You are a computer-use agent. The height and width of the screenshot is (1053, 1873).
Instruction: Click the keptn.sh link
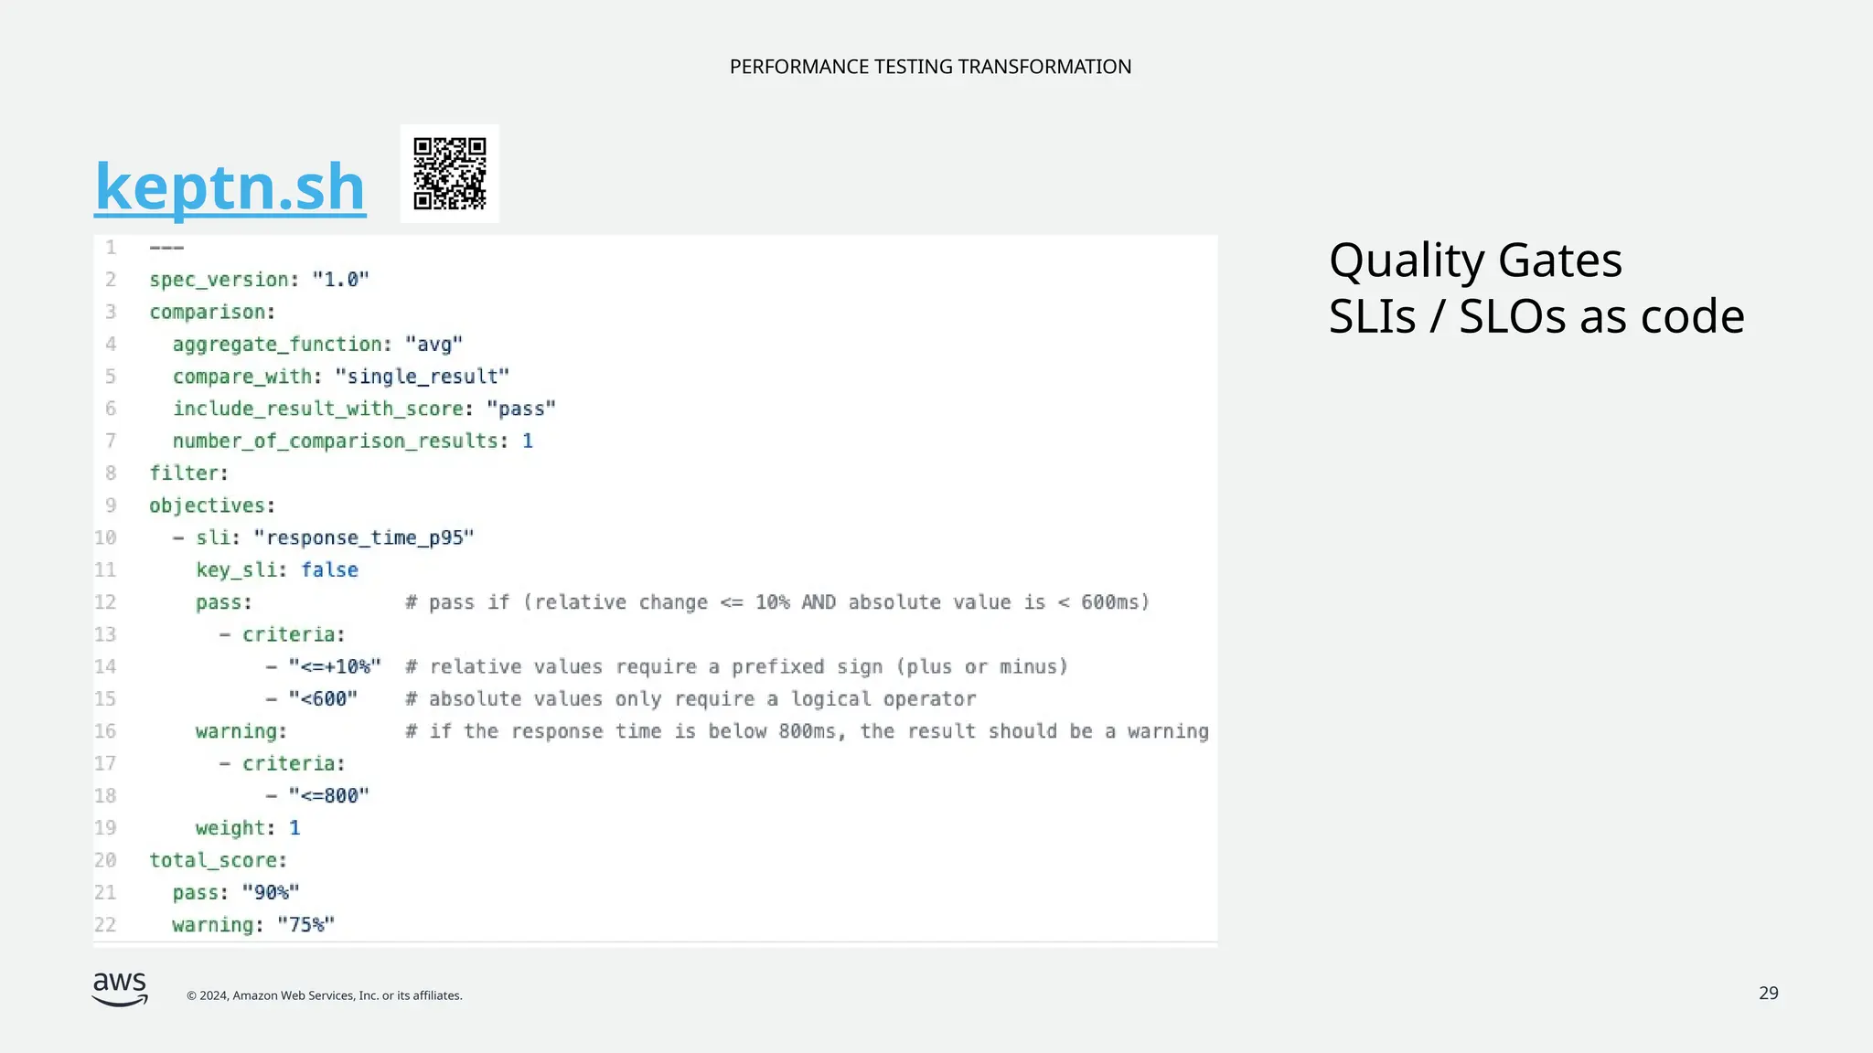click(x=230, y=186)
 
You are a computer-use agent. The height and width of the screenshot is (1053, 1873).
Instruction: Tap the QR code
click(x=449, y=174)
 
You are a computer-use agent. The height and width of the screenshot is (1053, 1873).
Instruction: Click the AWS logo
click(x=120, y=989)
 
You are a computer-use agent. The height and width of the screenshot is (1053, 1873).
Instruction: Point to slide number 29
click(x=1768, y=994)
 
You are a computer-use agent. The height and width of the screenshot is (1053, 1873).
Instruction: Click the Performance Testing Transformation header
click(x=930, y=67)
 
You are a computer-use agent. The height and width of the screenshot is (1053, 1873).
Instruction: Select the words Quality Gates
click(x=1475, y=261)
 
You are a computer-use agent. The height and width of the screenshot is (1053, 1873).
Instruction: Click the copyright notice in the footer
click(x=325, y=995)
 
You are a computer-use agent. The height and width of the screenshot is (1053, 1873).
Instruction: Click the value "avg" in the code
click(x=434, y=345)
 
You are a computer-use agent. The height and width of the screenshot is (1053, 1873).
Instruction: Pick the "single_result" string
click(x=423, y=377)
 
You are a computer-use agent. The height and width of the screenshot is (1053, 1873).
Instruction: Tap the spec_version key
click(x=219, y=280)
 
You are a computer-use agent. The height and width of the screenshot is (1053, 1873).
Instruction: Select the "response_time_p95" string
click(x=364, y=537)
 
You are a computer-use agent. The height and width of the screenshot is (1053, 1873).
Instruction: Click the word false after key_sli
click(x=329, y=570)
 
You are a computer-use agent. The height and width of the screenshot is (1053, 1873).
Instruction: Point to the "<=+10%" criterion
click(x=335, y=667)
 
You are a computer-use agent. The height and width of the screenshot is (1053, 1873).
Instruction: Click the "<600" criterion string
click(x=323, y=699)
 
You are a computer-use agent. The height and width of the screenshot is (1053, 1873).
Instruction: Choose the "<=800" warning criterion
click(x=329, y=796)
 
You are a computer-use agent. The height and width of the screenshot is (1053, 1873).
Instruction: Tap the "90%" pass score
click(x=271, y=893)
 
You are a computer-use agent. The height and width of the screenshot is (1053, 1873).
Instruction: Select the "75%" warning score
click(x=306, y=925)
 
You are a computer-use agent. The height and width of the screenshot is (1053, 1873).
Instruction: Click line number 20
click(x=105, y=861)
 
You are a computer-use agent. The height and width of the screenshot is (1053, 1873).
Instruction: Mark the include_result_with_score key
click(x=318, y=409)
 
